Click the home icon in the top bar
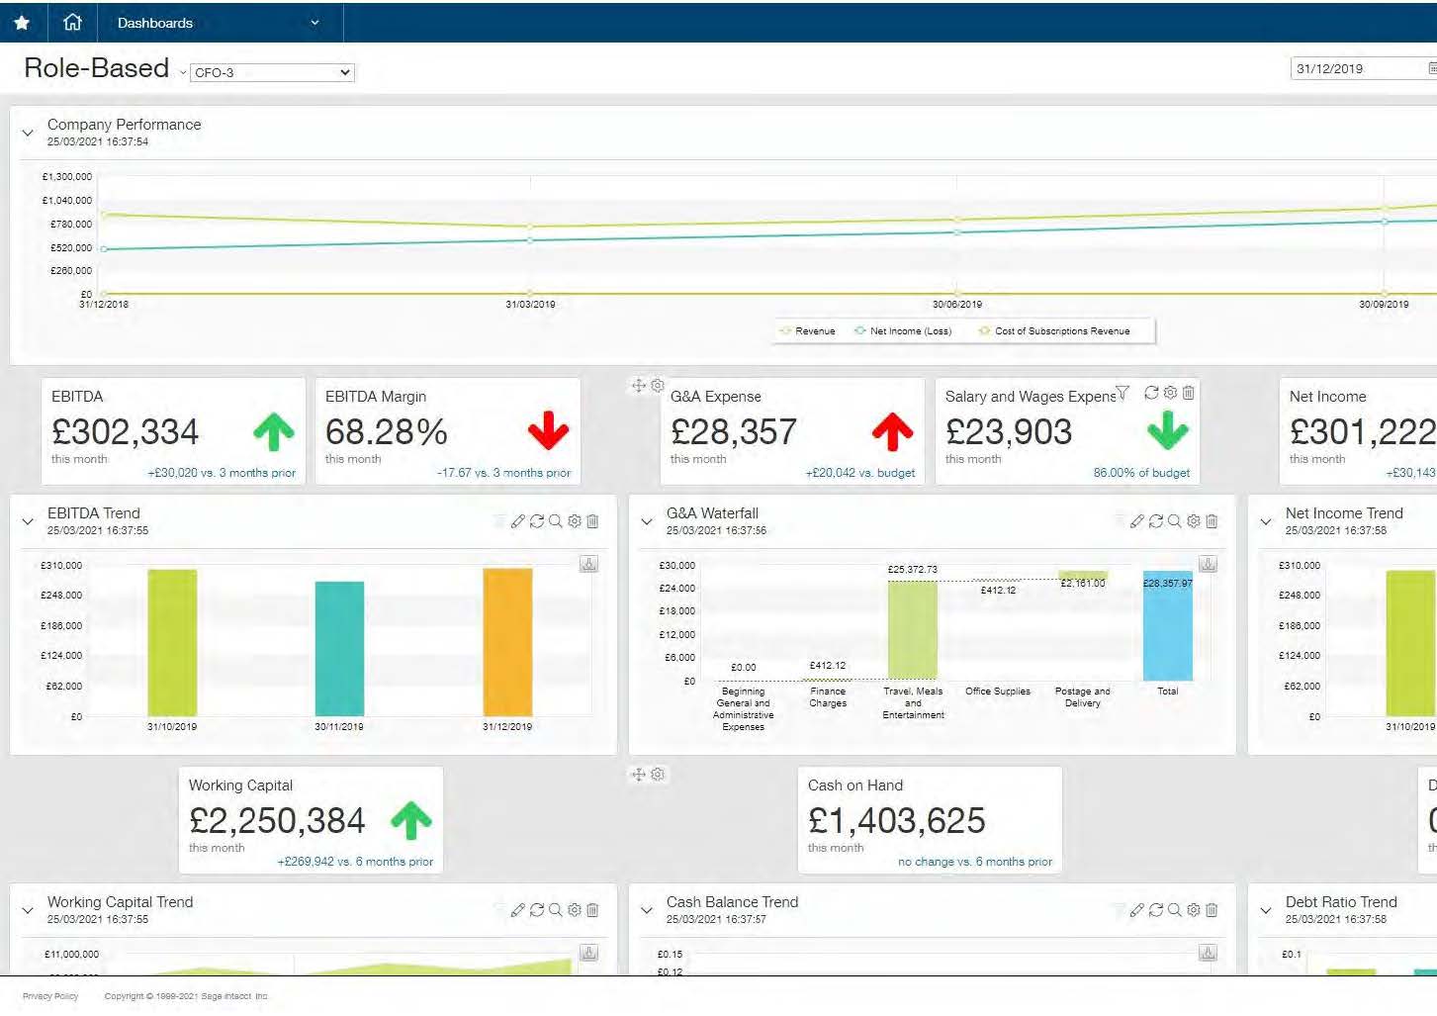pos(72,22)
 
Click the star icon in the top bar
pos(22,22)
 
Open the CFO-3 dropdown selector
pos(272,72)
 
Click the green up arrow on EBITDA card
pos(274,432)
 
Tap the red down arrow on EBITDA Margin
pos(548,431)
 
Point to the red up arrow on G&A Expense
pos(892,431)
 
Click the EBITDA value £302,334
pos(126,432)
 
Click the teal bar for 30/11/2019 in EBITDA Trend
pos(339,648)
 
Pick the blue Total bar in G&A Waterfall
pos(1167,625)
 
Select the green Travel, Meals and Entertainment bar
pos(912,629)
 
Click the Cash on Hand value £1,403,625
pos(896,820)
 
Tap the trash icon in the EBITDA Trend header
pos(592,521)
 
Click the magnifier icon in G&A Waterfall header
pos(1174,521)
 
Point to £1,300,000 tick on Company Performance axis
pos(67,177)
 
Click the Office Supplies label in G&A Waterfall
pos(997,692)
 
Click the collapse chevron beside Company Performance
pos(28,132)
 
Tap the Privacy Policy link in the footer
pos(50,996)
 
